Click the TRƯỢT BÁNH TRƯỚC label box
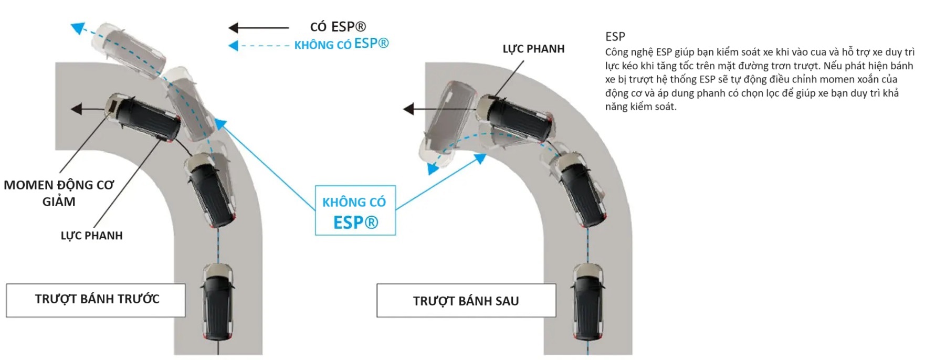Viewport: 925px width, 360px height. [96, 300]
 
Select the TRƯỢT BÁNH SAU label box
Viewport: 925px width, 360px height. [466, 301]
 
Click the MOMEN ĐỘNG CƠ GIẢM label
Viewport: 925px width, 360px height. [59, 193]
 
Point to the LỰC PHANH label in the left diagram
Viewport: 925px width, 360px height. [91, 236]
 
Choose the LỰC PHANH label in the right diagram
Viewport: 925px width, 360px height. [533, 49]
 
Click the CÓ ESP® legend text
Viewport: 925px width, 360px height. [338, 27]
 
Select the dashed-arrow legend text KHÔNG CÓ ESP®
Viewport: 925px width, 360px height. [341, 45]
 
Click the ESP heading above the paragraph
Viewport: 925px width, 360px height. [615, 37]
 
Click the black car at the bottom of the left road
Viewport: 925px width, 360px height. [217, 302]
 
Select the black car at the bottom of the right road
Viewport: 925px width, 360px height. [588, 302]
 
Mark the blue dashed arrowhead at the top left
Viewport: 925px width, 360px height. [78, 27]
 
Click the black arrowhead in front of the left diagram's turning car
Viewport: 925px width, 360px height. [77, 109]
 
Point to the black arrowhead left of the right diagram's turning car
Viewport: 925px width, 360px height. [408, 109]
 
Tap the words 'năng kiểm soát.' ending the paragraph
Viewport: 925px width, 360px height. [641, 107]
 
